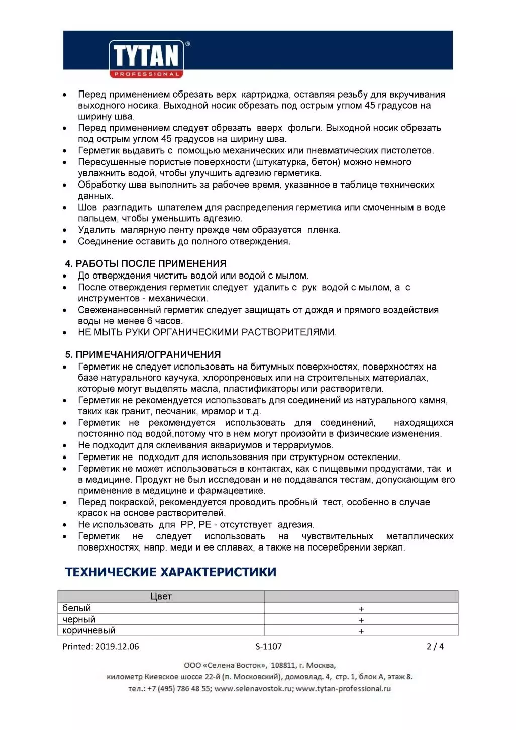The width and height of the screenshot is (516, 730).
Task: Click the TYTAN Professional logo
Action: (x=146, y=58)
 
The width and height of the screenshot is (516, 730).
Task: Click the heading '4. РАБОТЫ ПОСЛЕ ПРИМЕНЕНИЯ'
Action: (x=146, y=263)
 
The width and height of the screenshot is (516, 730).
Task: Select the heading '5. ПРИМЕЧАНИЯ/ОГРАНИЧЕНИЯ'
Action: (x=143, y=354)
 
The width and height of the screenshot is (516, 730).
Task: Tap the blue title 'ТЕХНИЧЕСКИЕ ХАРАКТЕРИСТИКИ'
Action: (x=171, y=572)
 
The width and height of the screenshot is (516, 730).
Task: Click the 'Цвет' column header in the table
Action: (x=161, y=596)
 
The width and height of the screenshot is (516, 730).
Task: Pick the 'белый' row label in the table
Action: (x=76, y=608)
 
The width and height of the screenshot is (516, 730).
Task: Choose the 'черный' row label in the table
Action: (x=78, y=619)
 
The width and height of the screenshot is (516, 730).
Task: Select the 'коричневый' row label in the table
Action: (x=88, y=630)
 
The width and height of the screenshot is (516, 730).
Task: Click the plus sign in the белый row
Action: (x=361, y=609)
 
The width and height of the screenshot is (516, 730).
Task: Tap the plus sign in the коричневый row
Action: (x=361, y=631)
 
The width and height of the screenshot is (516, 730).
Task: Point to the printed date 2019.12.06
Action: (x=117, y=647)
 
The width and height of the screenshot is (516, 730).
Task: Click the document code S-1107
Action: (x=268, y=647)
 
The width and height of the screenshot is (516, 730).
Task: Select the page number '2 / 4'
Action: (x=435, y=647)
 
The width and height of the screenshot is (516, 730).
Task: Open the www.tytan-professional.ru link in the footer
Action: (x=343, y=689)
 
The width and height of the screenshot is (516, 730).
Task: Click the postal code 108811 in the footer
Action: (x=283, y=665)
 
